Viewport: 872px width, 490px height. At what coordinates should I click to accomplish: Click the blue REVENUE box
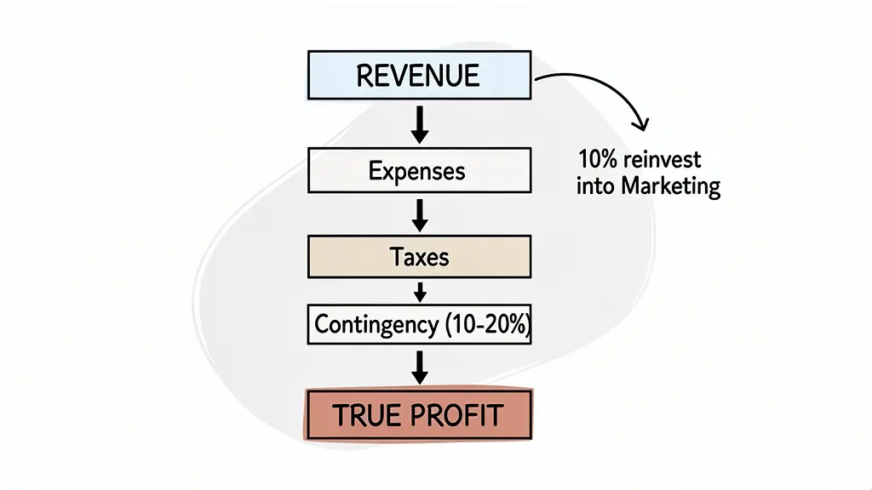[x=418, y=74]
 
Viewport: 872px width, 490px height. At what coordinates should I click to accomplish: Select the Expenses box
[x=418, y=171]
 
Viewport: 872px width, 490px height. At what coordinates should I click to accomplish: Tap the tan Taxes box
[x=418, y=256]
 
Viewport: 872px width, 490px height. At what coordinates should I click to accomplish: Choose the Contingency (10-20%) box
[x=418, y=324]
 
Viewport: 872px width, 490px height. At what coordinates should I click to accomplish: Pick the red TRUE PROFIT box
[x=418, y=415]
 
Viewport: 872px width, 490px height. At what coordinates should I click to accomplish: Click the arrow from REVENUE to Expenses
[x=418, y=124]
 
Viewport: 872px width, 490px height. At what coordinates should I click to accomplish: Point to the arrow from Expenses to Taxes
[x=418, y=214]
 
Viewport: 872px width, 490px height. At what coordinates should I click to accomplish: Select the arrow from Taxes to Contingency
[x=418, y=290]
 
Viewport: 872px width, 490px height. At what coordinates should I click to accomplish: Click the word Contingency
[x=376, y=324]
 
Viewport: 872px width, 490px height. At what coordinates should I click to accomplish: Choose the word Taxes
[x=418, y=256]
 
